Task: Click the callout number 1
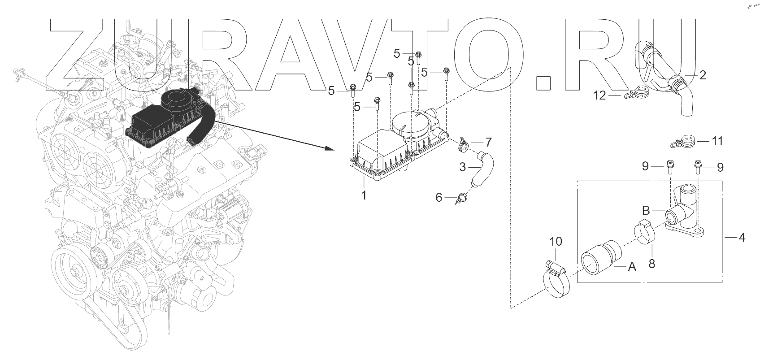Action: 364,195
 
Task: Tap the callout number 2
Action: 703,75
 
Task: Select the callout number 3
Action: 463,167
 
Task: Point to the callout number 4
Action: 742,237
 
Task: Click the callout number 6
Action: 439,197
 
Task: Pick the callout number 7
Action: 488,143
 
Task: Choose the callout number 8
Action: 652,264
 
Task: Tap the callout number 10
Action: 556,242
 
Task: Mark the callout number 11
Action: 717,141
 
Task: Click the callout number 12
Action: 599,95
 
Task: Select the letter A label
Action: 632,267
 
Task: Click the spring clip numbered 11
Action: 685,142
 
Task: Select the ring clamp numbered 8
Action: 644,231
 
